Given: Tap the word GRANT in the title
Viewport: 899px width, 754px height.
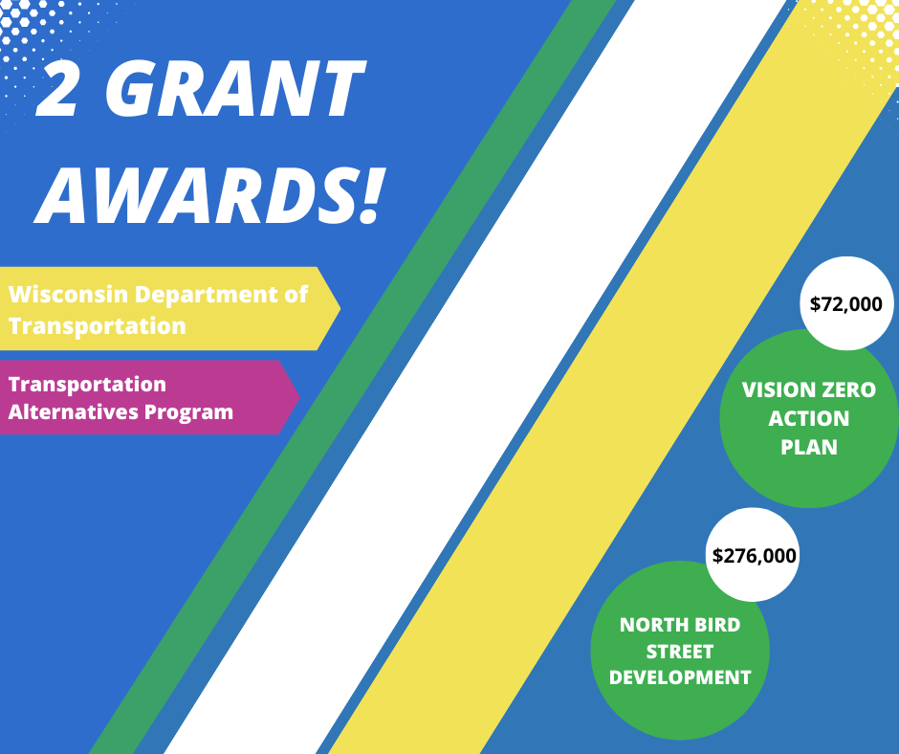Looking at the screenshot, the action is [x=235, y=88].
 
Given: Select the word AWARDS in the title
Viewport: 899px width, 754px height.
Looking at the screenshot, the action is [x=195, y=194].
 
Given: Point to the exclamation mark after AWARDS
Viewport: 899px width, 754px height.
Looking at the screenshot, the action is [x=370, y=194].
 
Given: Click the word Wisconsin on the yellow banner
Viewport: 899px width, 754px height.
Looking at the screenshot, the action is [x=68, y=295].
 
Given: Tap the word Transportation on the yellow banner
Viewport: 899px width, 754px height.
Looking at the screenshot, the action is [x=98, y=326].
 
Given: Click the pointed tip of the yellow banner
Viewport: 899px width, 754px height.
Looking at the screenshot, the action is [x=340, y=309].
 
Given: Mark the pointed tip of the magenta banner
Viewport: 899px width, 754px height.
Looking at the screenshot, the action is [x=299, y=396].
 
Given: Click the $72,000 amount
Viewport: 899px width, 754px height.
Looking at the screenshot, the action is [x=846, y=304].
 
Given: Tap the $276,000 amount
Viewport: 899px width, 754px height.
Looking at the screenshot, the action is [x=754, y=556].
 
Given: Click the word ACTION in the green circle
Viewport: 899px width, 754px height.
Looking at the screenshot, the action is [x=809, y=419].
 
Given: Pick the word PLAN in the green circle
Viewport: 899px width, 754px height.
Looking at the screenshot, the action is [x=809, y=448].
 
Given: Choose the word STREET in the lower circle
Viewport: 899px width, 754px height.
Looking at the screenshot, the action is [x=680, y=652].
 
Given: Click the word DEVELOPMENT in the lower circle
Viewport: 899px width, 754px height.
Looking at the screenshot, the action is [x=680, y=677].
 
